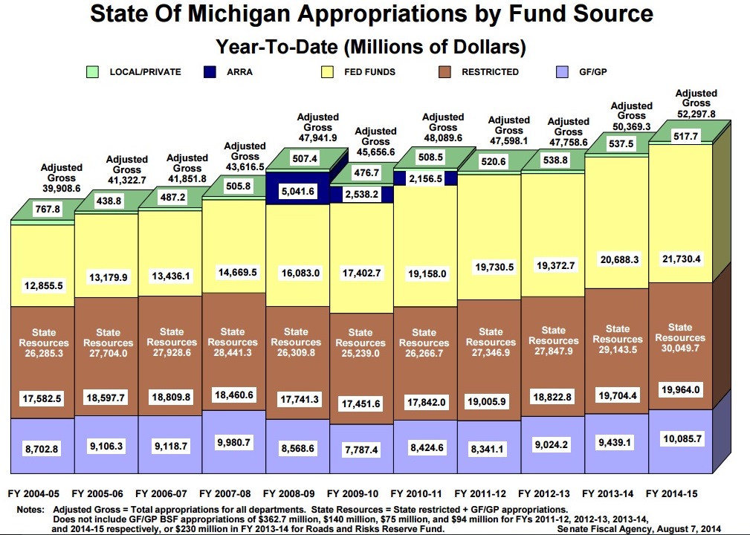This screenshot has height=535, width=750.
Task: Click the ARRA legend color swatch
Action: [210, 72]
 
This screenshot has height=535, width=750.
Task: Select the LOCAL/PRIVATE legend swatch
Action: [93, 72]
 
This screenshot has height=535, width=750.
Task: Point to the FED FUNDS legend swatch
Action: [327, 72]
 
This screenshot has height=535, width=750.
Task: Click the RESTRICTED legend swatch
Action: [445, 72]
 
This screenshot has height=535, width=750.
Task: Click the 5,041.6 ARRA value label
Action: [296, 192]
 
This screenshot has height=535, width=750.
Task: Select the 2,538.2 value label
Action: [360, 194]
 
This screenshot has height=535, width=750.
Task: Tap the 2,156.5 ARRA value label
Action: [424, 179]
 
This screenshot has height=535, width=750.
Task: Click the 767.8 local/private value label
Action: [42, 210]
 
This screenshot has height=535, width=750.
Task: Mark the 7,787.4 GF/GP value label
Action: [360, 450]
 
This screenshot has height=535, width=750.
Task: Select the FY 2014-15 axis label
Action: [676, 493]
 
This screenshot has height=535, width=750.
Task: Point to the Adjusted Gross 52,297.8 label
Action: [696, 104]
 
